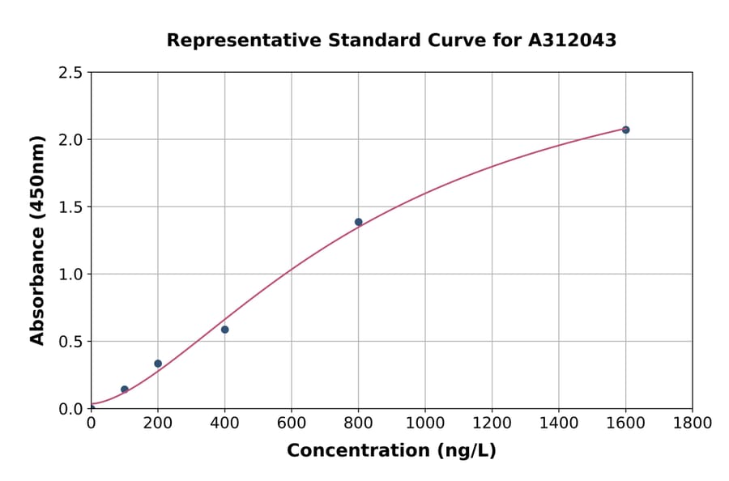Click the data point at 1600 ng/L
pos(625,130)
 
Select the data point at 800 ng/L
pos(358,222)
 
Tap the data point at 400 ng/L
pos(224,330)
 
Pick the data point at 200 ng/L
pos(158,364)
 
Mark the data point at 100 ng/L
pos(124,389)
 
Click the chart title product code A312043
pos(573,40)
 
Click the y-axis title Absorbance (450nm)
pos(37,240)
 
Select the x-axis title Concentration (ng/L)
pos(391,450)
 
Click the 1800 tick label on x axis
pos(692,423)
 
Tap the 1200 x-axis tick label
pos(492,423)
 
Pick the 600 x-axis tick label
pos(292,423)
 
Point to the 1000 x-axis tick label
pos(424,423)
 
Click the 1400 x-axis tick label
pos(558,423)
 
